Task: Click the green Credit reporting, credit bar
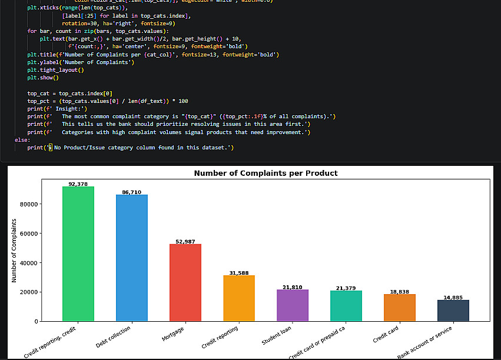point(78,254)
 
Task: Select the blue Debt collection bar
point(132,258)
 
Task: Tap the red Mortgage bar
point(185,282)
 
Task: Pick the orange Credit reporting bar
point(239,298)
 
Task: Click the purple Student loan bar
point(293,305)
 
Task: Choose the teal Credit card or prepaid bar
point(346,305)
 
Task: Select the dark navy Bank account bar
point(453,310)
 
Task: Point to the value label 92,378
point(78,184)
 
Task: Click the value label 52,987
point(185,242)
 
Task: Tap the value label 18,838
point(400,292)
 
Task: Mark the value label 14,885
point(453,298)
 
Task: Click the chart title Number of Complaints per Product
point(266,174)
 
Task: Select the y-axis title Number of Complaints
point(14,251)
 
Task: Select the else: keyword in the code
point(22,140)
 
